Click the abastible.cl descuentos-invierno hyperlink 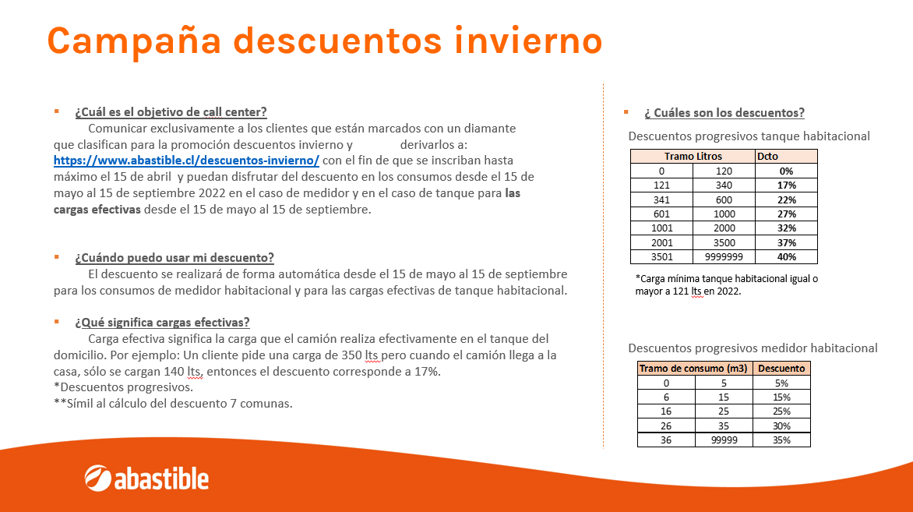186,161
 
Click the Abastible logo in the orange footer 146,478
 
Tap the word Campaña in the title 135,41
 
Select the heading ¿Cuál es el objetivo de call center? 171,112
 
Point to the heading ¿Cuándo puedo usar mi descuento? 174,257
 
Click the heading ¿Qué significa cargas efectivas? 162,322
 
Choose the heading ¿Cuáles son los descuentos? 724,112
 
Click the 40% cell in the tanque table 786,257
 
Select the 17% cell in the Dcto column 786,185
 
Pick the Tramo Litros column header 693,156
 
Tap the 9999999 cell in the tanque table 724,257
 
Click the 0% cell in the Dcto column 786,171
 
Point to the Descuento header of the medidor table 781,368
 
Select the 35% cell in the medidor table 781,440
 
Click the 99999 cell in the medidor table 724,440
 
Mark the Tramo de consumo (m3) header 695,368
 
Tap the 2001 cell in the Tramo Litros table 661,242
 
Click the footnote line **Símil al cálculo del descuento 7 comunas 173,403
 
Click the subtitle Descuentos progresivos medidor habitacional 753,348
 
